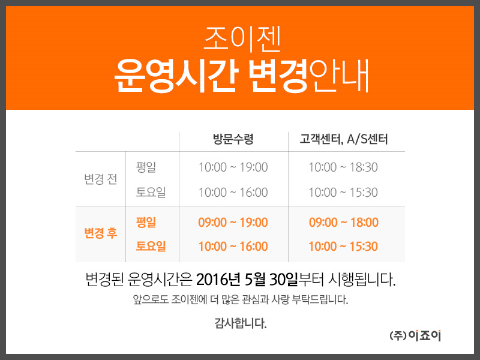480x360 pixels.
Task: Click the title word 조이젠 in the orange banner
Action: (242, 40)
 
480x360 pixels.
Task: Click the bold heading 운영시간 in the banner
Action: (176, 76)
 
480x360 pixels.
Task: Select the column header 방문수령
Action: (233, 139)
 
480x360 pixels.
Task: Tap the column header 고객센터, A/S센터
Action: (343, 139)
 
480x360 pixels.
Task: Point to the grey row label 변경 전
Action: (101, 179)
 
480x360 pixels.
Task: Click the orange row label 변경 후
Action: (101, 233)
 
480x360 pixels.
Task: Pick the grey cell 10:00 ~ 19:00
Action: (233, 167)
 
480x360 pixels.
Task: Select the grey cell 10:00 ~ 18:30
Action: (343, 167)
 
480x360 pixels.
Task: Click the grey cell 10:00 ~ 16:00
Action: (233, 192)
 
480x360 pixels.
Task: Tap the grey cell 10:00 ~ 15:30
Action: (343, 192)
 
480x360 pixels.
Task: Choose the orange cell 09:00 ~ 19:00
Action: (233, 222)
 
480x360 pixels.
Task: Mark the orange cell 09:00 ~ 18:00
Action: (343, 222)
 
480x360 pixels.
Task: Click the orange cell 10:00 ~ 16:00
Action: (233, 246)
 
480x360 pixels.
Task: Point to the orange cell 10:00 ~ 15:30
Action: (343, 246)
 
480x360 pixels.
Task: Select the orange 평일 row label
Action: (146, 222)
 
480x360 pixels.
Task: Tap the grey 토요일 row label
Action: (151, 192)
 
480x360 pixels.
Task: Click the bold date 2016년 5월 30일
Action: (247, 280)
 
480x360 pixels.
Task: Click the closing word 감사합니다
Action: (241, 323)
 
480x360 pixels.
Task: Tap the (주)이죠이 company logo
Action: (415, 336)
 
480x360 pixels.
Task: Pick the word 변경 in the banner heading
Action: (277, 76)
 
